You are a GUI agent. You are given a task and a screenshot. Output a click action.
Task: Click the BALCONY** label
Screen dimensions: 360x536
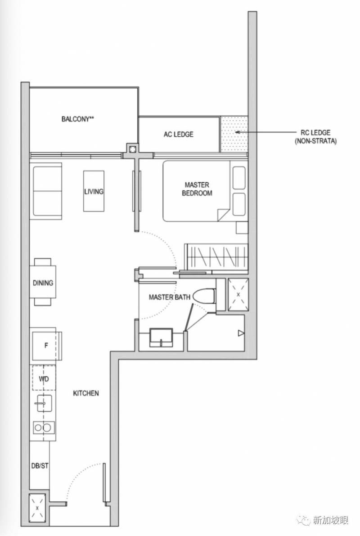coord(77,119)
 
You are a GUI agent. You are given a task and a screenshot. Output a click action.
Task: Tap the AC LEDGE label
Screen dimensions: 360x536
coord(178,135)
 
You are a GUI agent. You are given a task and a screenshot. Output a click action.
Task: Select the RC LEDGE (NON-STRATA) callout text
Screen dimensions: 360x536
coord(315,136)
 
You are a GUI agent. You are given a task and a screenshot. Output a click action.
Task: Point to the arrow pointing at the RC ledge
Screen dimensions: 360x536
coord(265,132)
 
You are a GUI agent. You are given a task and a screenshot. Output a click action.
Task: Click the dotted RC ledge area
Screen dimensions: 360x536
coord(234,134)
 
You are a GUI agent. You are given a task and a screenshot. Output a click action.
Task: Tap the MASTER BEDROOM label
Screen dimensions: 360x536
coord(197,189)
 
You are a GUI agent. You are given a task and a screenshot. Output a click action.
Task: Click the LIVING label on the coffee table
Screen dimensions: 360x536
coord(94,191)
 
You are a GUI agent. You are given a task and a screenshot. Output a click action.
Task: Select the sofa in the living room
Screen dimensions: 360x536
coord(47,191)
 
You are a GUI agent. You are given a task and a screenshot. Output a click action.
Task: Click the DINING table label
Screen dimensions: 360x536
coord(43,283)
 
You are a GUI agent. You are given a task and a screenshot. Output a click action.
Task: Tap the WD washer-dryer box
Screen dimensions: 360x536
coord(44,378)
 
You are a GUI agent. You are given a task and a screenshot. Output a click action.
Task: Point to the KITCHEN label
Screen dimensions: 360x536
coord(86,393)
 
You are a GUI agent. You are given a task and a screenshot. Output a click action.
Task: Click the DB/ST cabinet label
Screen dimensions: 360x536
coord(40,466)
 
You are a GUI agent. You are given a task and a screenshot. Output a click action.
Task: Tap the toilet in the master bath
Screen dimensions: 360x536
coord(204,296)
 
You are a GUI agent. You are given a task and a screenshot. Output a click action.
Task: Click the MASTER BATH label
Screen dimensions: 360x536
coord(169,297)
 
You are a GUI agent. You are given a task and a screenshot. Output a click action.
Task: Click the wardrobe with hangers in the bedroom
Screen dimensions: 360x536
coord(216,257)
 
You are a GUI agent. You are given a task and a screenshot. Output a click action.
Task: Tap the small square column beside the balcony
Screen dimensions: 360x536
coord(132,149)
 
